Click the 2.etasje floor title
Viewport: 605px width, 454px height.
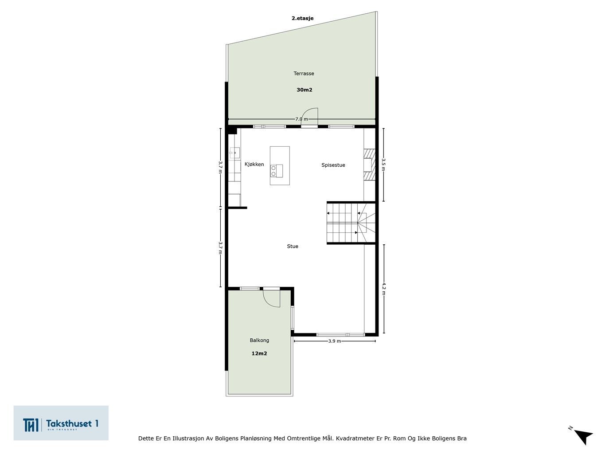click(302, 18)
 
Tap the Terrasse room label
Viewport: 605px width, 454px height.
click(304, 73)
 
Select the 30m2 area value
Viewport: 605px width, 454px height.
click(304, 90)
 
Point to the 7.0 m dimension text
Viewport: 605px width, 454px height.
click(301, 119)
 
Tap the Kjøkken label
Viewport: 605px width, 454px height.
click(254, 164)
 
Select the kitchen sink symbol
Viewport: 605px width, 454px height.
click(234, 153)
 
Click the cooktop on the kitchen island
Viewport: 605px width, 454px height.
click(277, 171)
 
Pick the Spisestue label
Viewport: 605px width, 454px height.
click(333, 165)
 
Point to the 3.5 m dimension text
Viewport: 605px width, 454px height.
click(383, 164)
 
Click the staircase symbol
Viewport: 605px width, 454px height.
click(351, 223)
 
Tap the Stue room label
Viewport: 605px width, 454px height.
click(293, 246)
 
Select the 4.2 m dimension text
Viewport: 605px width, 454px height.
click(383, 289)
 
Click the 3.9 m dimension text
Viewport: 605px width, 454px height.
click(334, 341)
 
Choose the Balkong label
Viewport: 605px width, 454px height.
click(259, 340)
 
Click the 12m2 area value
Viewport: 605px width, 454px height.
click(259, 353)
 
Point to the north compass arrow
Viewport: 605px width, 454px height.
click(584, 437)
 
